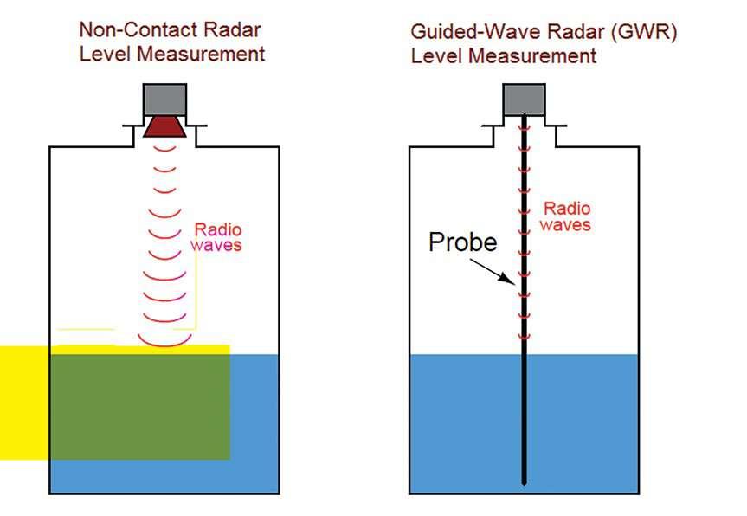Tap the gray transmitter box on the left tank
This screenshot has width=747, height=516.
pyautogui.click(x=164, y=99)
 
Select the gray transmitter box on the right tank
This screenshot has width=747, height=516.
pyautogui.click(x=525, y=99)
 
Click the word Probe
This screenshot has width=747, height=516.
pyautogui.click(x=463, y=242)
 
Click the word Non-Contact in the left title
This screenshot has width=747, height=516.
pyautogui.click(x=126, y=29)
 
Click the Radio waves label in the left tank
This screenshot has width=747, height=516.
pyautogui.click(x=217, y=237)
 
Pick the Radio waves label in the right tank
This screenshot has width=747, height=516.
pyautogui.click(x=566, y=216)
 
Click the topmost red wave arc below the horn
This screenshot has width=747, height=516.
pyautogui.click(x=164, y=148)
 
